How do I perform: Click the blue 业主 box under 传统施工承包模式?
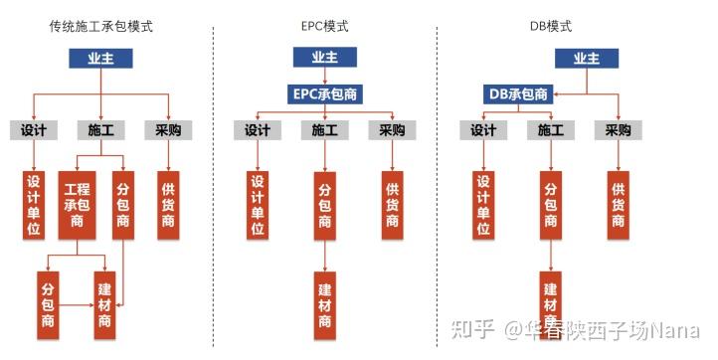click(x=101, y=59)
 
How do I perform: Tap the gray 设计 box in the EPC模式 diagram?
click(x=257, y=130)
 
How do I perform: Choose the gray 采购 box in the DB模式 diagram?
click(x=618, y=130)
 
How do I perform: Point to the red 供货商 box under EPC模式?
click(x=393, y=205)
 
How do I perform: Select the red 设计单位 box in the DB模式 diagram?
click(x=483, y=205)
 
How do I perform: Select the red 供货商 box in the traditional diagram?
click(x=168, y=205)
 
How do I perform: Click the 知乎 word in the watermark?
click(x=469, y=329)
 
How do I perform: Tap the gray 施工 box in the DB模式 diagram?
click(x=551, y=130)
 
